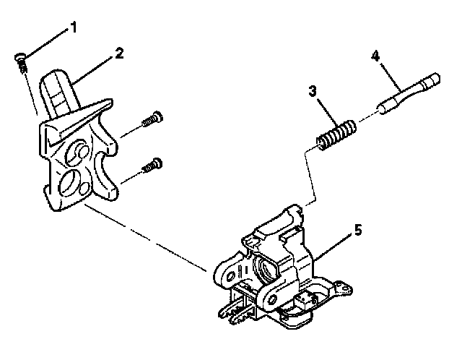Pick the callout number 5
[359, 231]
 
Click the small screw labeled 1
[22, 64]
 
